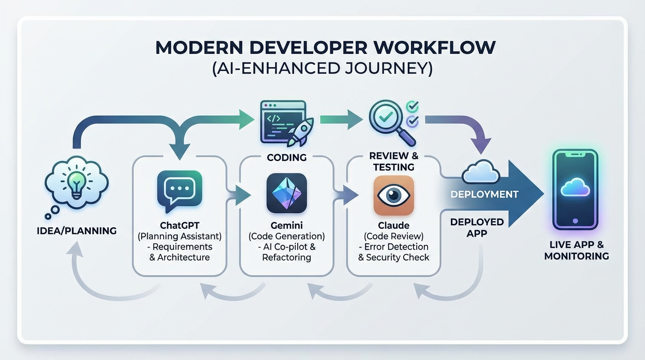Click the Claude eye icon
click(x=394, y=195)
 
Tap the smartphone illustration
click(x=575, y=189)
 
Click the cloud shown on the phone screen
click(x=575, y=187)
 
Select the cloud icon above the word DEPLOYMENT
click(x=480, y=173)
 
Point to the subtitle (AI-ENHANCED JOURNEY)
click(x=322, y=68)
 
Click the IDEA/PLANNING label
click(x=76, y=231)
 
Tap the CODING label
click(x=286, y=157)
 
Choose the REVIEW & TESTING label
click(x=393, y=161)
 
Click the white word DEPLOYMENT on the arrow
click(x=484, y=194)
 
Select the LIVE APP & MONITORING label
click(x=577, y=250)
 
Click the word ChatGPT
click(x=180, y=225)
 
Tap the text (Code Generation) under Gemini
click(x=286, y=236)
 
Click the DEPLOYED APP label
click(x=477, y=227)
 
